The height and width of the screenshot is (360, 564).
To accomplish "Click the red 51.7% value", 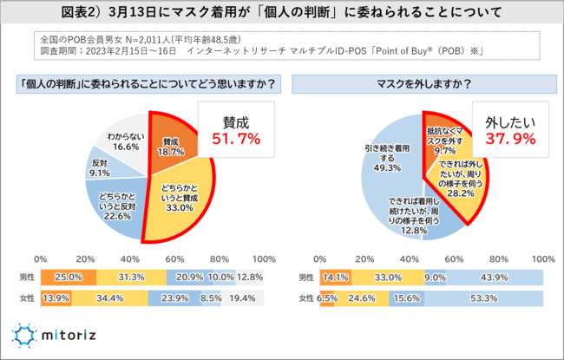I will tap(229, 139).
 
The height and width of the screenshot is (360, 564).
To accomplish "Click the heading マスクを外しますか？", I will tap(422, 86).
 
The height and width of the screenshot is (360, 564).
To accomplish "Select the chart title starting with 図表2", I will tap(282, 15).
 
